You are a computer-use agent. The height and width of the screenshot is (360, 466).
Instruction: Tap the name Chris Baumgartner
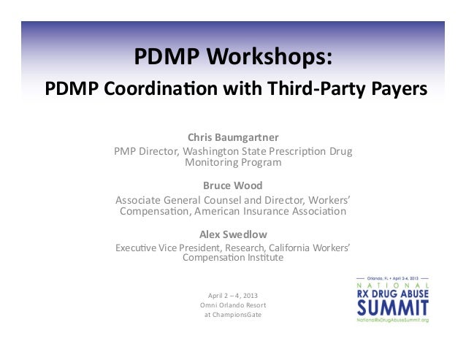pyautogui.click(x=233, y=137)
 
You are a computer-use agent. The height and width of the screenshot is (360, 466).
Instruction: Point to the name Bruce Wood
pyautogui.click(x=233, y=185)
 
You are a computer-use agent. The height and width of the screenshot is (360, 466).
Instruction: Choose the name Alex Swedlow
pyautogui.click(x=233, y=234)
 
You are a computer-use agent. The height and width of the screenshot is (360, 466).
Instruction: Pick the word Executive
pyautogui.click(x=138, y=248)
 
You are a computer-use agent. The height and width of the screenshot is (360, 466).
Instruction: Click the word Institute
pyautogui.click(x=263, y=258)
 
